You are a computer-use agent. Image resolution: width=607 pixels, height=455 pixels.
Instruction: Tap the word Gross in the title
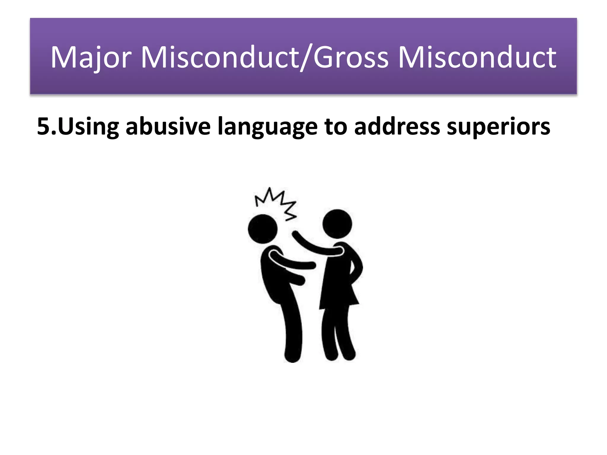[351, 57]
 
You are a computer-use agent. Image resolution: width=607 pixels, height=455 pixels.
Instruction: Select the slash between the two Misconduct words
[306, 57]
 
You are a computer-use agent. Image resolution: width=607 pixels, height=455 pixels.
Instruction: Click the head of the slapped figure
[263, 229]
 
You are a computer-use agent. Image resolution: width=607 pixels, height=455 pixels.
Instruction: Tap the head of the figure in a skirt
[337, 224]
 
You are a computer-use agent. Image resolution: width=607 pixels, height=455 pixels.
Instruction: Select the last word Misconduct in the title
[477, 57]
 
